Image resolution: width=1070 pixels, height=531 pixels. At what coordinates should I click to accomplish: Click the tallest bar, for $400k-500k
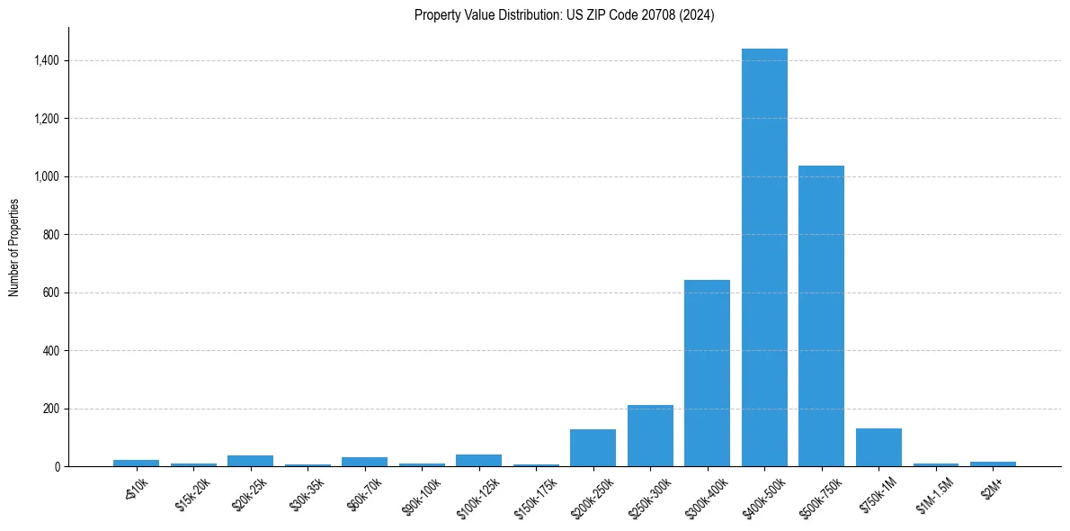coord(764,257)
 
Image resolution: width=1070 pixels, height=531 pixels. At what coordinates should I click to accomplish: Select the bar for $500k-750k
coord(821,316)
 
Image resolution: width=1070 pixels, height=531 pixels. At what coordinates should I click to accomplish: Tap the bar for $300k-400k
coord(707,373)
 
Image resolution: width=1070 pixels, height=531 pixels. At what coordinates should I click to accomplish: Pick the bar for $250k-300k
coord(650,436)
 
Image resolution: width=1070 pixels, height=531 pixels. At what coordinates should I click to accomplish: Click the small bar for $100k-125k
coord(478,460)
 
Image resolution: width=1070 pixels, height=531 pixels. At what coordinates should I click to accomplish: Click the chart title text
coord(564,15)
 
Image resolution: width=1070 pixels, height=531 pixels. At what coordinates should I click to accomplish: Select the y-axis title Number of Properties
coord(14,247)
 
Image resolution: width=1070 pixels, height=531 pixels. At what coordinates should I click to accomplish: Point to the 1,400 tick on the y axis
coord(47,60)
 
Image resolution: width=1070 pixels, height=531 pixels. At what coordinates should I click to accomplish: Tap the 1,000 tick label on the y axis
coord(47,176)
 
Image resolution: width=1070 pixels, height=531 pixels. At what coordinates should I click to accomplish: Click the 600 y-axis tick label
coord(51,292)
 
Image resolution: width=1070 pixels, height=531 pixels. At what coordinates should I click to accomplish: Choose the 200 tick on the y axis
coord(51,409)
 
